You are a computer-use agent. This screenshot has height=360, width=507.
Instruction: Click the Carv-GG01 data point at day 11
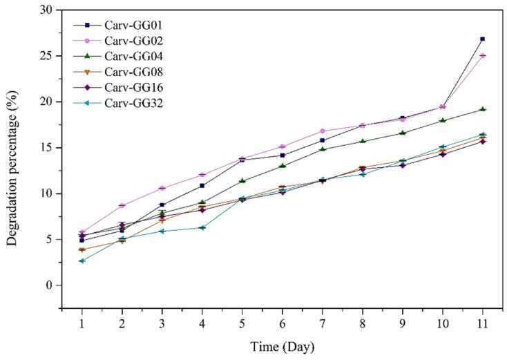click(482, 39)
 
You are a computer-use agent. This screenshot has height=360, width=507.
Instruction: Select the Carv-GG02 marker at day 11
click(482, 56)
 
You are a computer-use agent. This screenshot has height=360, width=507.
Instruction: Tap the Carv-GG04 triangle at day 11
click(482, 109)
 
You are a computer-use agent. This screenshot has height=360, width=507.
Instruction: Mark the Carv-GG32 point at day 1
click(82, 260)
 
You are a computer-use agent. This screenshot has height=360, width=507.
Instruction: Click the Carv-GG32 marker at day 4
click(202, 227)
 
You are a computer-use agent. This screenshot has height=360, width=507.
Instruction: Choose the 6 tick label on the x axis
click(283, 322)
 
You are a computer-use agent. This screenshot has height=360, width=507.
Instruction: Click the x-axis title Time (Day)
click(283, 345)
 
